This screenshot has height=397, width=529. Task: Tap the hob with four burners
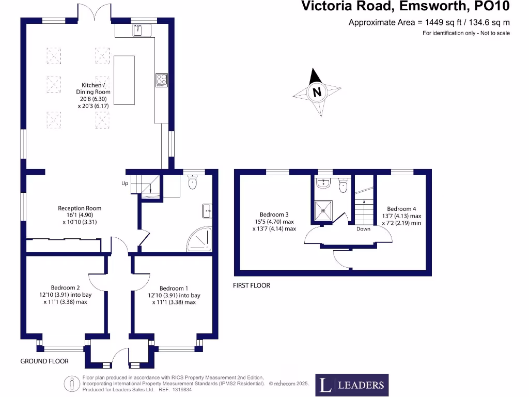(162, 80)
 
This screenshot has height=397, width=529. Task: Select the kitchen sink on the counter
(137, 30)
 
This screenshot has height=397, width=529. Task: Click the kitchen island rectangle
(124, 80)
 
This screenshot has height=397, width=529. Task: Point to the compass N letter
(317, 92)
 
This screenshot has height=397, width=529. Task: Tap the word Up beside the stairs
(125, 184)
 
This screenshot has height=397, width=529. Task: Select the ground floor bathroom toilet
(192, 182)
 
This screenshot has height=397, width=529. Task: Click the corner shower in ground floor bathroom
(200, 239)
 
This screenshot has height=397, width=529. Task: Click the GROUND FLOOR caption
(44, 361)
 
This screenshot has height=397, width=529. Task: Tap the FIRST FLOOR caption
(252, 285)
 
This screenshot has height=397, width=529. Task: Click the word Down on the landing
(363, 229)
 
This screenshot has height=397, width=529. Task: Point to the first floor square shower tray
(323, 211)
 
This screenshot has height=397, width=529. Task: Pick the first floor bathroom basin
(323, 182)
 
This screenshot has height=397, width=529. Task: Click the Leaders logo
(352, 385)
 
